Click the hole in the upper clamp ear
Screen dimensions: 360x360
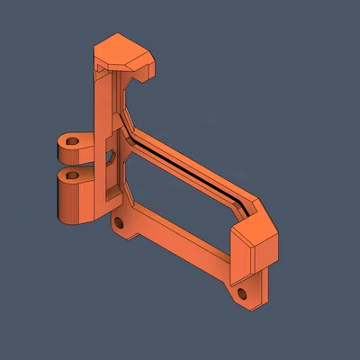73,141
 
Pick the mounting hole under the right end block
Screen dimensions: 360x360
241,293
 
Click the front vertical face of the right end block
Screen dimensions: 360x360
242,260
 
